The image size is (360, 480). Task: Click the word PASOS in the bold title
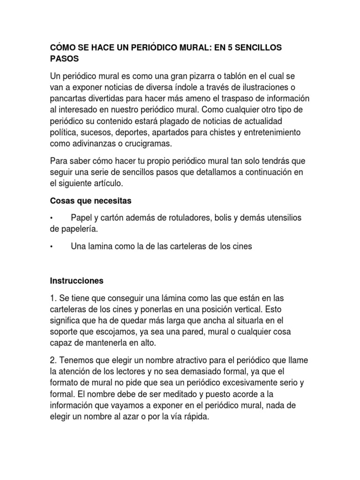pyautogui.click(x=65, y=60)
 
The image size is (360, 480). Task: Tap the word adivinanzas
pyautogui.click(x=92, y=143)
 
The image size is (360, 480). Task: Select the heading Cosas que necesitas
pyautogui.click(x=91, y=201)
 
